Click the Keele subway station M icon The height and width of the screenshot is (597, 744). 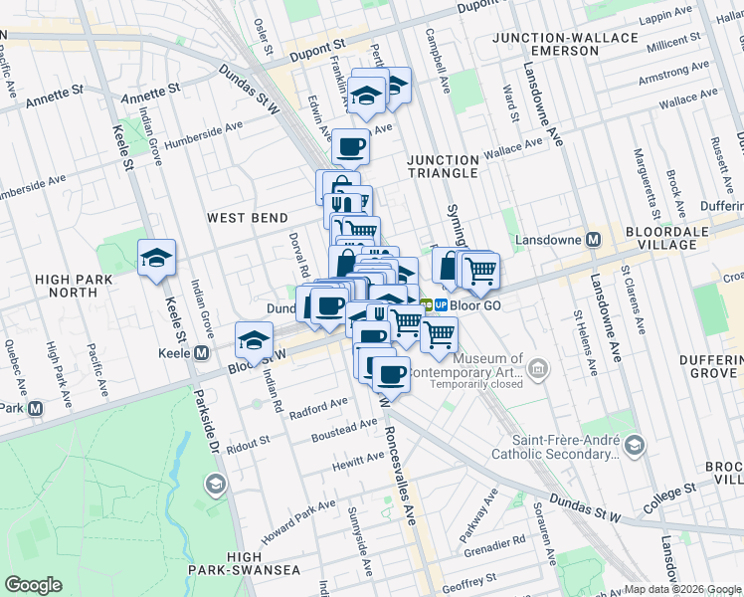(202, 353)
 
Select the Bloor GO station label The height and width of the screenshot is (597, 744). (473, 304)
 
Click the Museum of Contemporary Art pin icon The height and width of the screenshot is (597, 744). (538, 371)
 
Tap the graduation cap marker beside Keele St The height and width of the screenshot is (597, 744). (156, 259)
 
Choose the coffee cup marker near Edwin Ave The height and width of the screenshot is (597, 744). (350, 147)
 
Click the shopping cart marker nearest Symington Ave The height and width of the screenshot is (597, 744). (479, 269)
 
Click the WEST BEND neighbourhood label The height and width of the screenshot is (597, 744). (248, 218)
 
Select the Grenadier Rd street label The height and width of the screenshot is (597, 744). (494, 543)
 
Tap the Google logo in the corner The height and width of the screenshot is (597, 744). (33, 585)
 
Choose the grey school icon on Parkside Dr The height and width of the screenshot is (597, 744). (213, 484)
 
